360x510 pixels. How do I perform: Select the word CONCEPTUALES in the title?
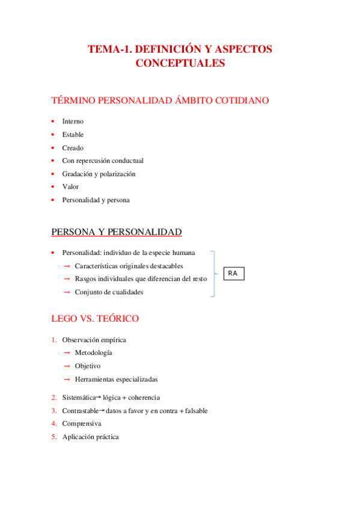pos(180,63)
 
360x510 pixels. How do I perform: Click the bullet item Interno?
pos(73,121)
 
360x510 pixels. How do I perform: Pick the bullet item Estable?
pos(73,135)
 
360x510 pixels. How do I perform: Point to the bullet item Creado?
pos(73,148)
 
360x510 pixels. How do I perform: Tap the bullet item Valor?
pos(70,187)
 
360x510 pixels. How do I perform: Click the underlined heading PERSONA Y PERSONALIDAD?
pos(117,232)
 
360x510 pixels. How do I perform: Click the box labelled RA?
pos(233,274)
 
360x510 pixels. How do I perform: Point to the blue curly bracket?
pos(213,274)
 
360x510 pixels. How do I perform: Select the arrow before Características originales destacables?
pos(67,266)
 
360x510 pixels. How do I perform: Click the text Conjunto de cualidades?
pos(109,292)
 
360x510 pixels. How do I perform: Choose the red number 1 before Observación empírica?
pos(54,340)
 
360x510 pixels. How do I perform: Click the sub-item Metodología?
pos(93,353)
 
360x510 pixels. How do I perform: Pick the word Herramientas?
pos(96,379)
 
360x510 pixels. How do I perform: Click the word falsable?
pos(195,411)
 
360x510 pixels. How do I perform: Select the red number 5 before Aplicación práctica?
pos(54,437)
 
